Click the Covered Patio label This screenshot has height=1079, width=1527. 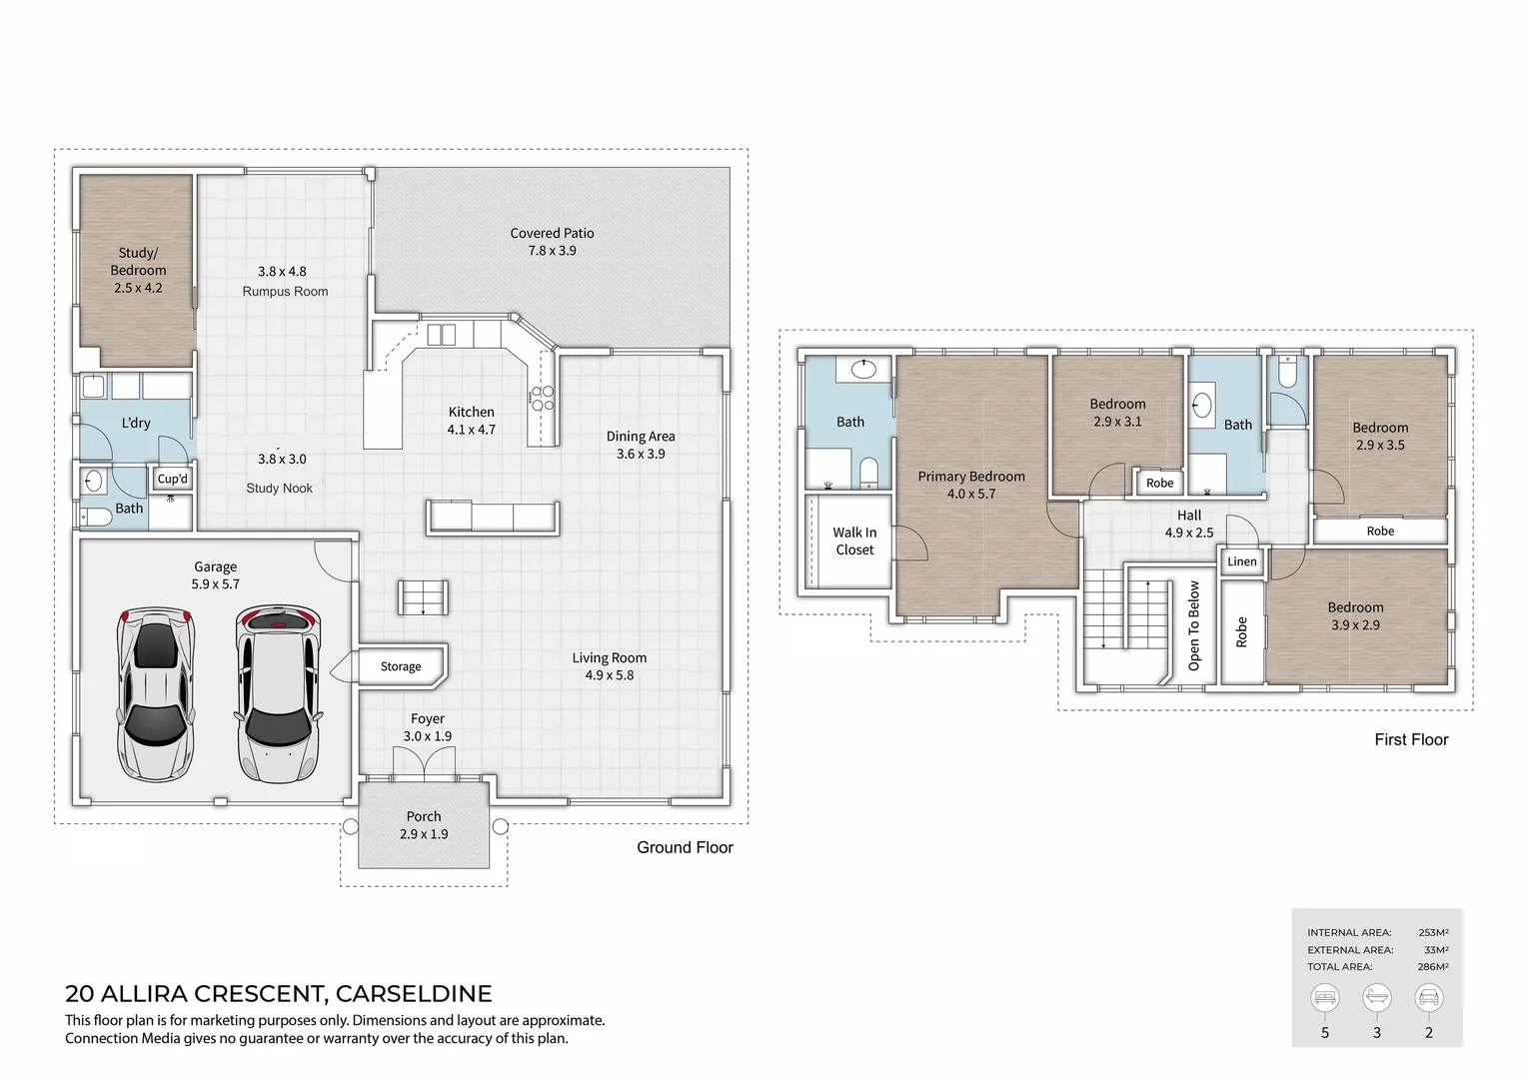(x=552, y=234)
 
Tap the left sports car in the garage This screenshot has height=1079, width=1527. (x=156, y=694)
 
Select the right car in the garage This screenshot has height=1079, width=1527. (x=279, y=694)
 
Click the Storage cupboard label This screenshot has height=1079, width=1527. (x=401, y=666)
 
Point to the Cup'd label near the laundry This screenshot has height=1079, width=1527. (x=172, y=479)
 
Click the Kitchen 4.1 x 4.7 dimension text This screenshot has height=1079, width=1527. (x=471, y=430)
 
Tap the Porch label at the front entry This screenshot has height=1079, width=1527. (x=424, y=816)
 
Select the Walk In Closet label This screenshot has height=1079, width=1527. (x=854, y=541)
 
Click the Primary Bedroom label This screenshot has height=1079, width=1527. (x=971, y=477)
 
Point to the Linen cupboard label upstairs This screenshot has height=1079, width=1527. (x=1242, y=561)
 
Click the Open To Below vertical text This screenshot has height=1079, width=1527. (x=1194, y=625)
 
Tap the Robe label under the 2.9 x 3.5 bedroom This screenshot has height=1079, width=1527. (x=1380, y=532)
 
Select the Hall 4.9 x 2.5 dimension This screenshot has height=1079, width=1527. (x=1189, y=533)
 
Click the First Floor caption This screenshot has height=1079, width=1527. (x=1410, y=739)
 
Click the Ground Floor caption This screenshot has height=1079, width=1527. (x=685, y=847)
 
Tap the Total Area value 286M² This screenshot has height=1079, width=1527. (x=1432, y=967)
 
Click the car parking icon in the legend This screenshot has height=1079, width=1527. (x=1428, y=997)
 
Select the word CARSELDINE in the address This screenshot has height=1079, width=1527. (x=414, y=994)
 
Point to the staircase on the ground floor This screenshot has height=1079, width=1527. (x=423, y=597)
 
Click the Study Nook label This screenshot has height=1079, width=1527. (x=280, y=489)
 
